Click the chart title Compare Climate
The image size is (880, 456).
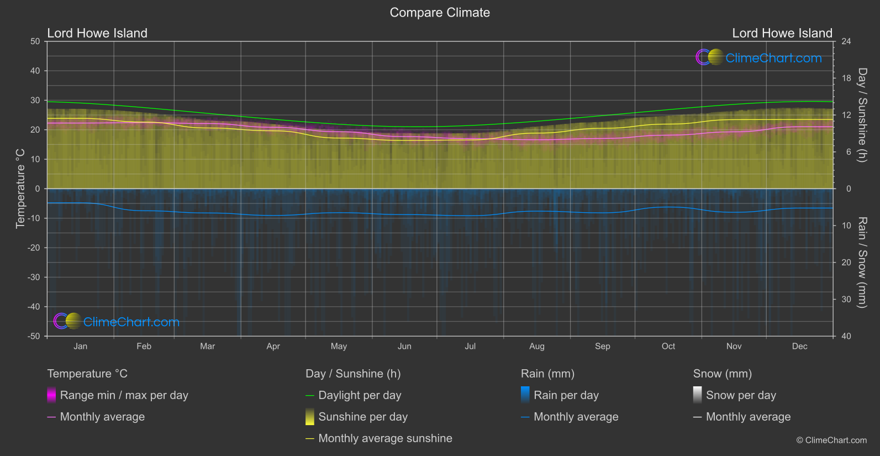coord(440,13)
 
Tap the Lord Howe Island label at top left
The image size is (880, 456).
coord(97,33)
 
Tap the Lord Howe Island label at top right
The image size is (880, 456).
coord(782,33)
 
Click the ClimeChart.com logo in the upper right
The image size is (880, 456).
coord(759,57)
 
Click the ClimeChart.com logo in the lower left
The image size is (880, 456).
coord(117,322)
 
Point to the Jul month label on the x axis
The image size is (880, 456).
coord(470,347)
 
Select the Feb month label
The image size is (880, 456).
coord(144,347)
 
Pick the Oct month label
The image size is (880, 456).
coord(668,347)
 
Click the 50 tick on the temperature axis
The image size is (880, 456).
coord(35,41)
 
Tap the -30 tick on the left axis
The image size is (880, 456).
coord(34,277)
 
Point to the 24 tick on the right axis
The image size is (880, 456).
coord(846,41)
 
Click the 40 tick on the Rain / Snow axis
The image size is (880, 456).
coord(846,336)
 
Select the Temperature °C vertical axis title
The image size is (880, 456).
coord(20,188)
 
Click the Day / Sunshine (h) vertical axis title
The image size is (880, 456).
coord(862,115)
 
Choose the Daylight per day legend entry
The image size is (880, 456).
coord(360,395)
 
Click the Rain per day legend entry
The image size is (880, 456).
coord(566,395)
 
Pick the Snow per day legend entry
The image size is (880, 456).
coord(741,395)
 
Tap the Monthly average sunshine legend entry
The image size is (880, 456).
coord(385,438)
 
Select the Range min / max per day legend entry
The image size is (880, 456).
coord(124,395)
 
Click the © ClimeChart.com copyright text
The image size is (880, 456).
coord(831,441)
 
